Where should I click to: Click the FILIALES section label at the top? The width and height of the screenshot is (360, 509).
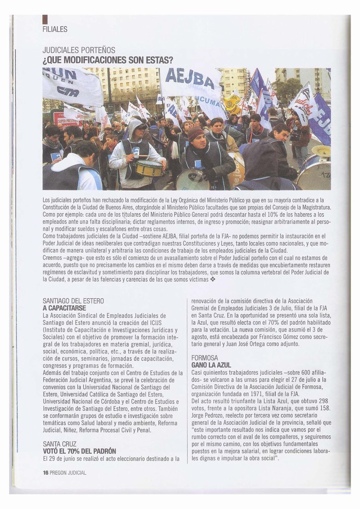(x=55, y=29)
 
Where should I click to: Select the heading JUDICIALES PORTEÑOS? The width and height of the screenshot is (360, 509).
(x=79, y=50)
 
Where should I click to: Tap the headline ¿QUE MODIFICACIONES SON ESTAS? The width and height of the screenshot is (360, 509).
(x=107, y=60)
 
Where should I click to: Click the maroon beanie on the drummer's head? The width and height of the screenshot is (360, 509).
(x=195, y=133)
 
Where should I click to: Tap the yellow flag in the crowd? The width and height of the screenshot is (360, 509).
(x=232, y=104)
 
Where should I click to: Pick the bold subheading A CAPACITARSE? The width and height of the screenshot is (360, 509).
(x=64, y=308)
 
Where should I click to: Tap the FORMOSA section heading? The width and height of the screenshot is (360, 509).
(x=204, y=358)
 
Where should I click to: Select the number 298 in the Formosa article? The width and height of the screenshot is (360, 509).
(x=323, y=401)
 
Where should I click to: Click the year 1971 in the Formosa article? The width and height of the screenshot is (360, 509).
(x=257, y=394)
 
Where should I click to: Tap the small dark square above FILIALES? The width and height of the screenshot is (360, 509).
(x=45, y=19)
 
